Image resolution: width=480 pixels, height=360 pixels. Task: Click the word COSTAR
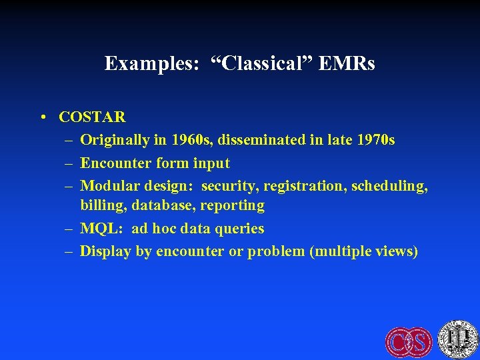92,117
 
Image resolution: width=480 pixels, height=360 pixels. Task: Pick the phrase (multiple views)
364,251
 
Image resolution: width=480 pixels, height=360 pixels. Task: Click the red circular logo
409,341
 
